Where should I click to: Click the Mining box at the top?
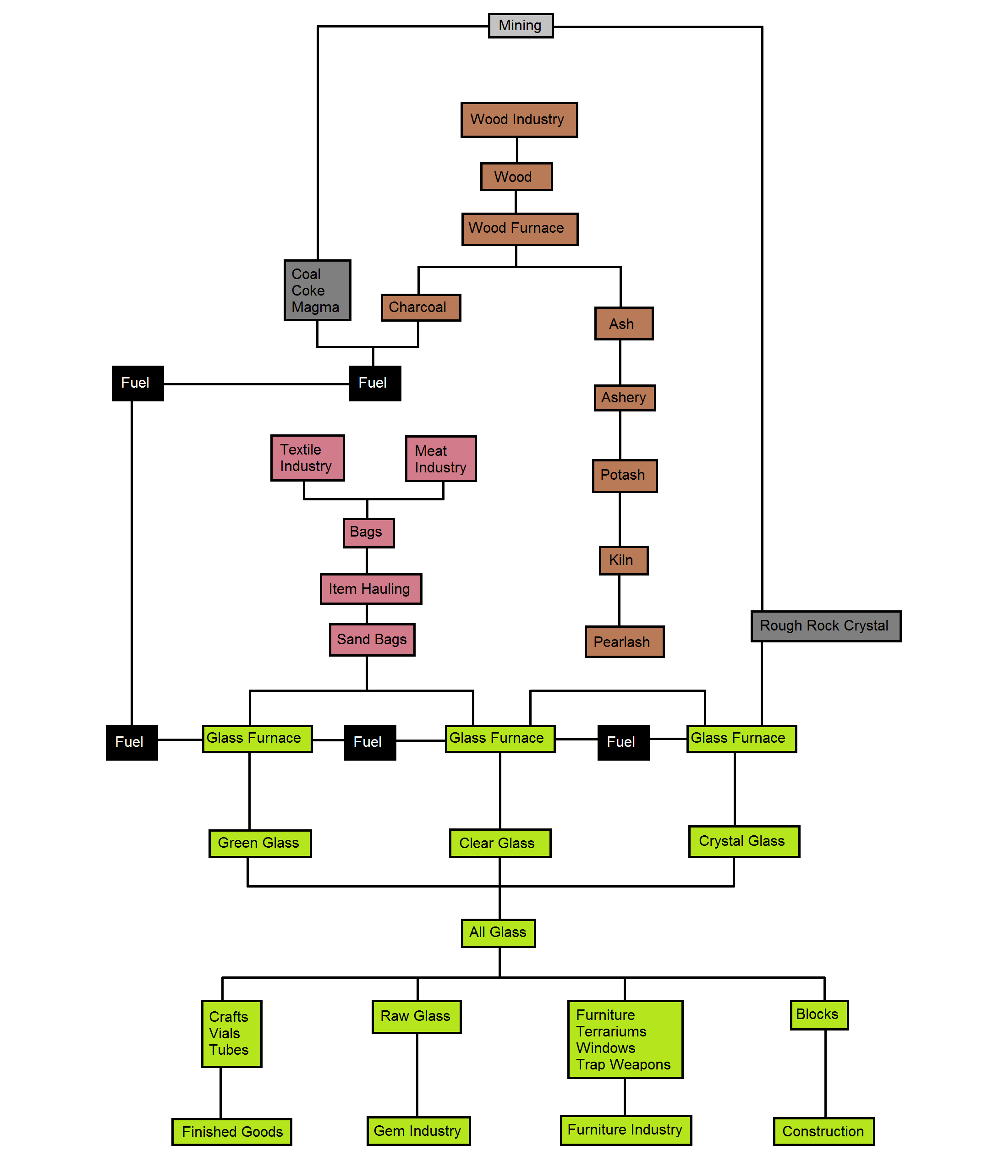tap(520, 26)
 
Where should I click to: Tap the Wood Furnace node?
tap(520, 229)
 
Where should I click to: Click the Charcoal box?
tap(421, 307)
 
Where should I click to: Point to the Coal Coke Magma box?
tap(318, 290)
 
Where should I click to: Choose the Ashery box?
tap(625, 398)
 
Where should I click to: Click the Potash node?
tap(625, 476)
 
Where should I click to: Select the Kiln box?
tap(623, 560)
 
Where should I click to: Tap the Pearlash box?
tap(625, 642)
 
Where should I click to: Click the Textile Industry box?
tap(307, 458)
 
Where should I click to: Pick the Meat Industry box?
tap(441, 459)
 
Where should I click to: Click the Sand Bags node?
tap(372, 640)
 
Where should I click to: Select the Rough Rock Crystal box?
tap(826, 626)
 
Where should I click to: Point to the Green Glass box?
tap(260, 844)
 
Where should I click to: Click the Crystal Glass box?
tap(744, 842)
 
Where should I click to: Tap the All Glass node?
tap(498, 933)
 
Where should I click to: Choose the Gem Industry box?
tap(418, 1131)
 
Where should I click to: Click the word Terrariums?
tap(611, 1031)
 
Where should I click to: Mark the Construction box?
tap(824, 1132)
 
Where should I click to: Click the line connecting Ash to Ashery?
tap(620, 362)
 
